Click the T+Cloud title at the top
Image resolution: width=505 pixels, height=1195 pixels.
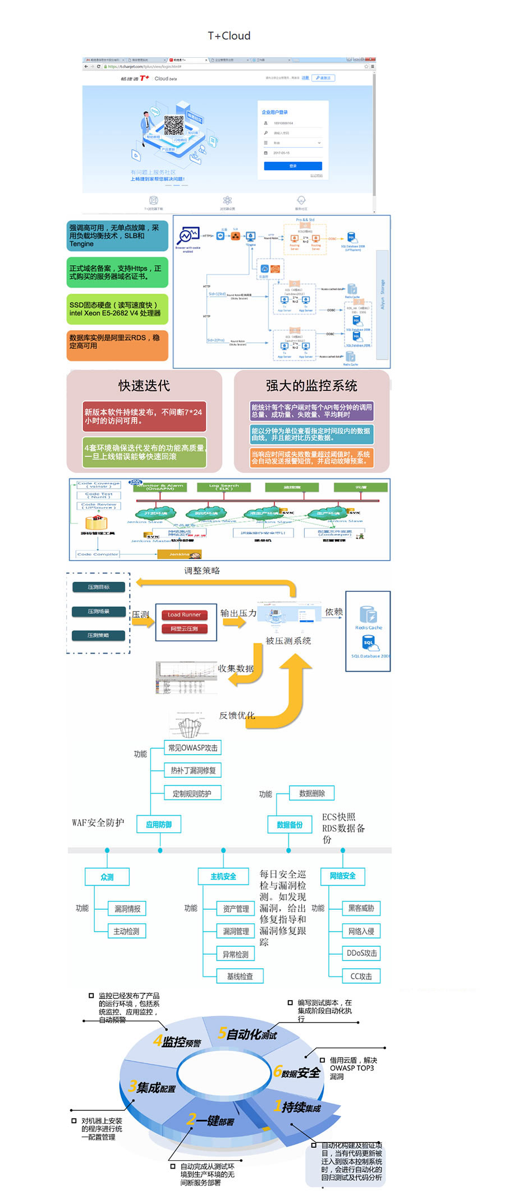pos(229,36)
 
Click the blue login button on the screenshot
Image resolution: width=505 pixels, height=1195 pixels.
pos(293,166)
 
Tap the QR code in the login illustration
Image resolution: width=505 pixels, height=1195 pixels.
pos(174,125)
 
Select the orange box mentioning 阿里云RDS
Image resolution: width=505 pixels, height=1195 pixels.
pos(117,345)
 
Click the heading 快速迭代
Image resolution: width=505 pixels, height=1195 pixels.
pos(144,386)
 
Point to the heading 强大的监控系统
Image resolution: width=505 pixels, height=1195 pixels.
pos(311,386)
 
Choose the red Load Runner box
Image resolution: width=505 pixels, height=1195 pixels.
pos(184,615)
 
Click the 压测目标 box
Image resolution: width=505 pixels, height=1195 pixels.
pos(99,587)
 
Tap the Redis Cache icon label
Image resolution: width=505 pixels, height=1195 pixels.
pos(368,628)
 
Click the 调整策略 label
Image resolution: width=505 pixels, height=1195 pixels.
pos(202,571)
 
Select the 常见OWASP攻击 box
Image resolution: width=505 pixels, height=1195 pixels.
pos(193,748)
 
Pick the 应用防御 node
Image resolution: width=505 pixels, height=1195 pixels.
pos(159,825)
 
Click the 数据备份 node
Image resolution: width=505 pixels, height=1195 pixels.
pos(290,825)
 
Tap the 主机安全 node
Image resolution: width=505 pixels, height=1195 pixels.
pos(223,877)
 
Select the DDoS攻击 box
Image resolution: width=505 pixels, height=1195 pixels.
pos(361,954)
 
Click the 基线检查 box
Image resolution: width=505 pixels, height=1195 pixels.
pos(240,977)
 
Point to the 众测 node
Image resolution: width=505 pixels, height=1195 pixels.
pos(107,877)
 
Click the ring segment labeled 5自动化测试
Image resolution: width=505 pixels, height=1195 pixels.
pos(247,1034)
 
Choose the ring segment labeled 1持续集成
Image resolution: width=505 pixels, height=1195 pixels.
pos(297,1108)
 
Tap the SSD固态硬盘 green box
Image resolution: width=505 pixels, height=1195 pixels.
pos(117,309)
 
